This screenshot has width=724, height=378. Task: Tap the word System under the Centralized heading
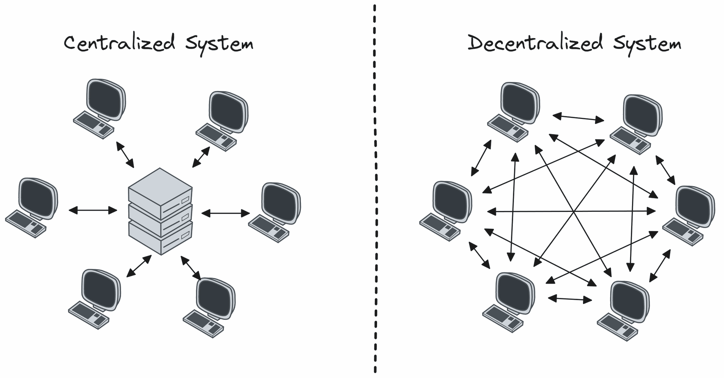point(219,45)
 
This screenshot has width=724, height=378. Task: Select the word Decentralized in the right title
point(535,43)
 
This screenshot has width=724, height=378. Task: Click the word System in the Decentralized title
point(647,45)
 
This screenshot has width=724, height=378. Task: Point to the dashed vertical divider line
point(375,189)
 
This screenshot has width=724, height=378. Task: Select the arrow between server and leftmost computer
point(93,210)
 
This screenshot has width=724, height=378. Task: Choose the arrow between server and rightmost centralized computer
point(225,214)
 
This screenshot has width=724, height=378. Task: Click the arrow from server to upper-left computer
point(125,154)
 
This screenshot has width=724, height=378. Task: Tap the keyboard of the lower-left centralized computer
point(89,315)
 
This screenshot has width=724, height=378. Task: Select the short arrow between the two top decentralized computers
point(578,118)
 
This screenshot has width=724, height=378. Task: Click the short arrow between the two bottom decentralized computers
point(570,299)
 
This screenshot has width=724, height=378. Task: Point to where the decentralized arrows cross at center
point(573,211)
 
